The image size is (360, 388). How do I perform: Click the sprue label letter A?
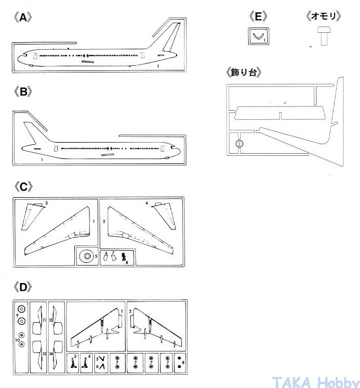click(22, 17)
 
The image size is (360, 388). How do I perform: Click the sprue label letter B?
click(22, 91)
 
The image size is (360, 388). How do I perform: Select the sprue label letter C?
click(22, 187)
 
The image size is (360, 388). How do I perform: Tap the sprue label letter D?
click(22, 287)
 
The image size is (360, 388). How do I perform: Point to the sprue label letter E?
click(258, 16)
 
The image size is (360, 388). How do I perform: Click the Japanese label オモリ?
click(323, 16)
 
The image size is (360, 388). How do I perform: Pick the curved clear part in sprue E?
click(258, 37)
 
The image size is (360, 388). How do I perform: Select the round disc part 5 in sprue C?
click(86, 257)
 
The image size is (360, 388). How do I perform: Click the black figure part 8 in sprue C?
click(124, 257)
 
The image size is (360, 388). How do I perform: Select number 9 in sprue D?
click(17, 316)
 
